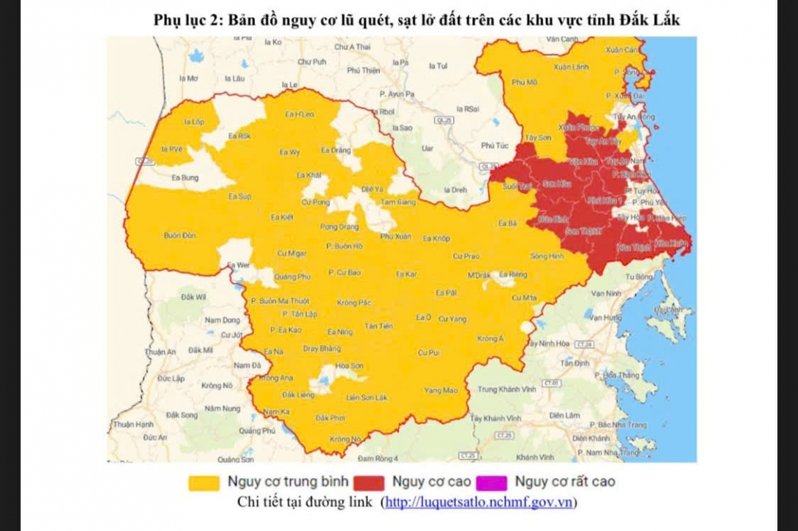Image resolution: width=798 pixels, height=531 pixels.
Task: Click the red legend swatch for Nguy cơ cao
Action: tap(369, 483)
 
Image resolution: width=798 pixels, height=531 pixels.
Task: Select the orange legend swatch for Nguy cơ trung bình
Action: tap(204, 483)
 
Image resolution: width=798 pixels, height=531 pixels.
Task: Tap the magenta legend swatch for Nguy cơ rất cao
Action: tap(492, 483)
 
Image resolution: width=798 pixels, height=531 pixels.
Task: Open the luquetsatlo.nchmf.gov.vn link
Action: tap(479, 503)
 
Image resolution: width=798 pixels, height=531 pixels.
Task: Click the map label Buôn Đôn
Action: tap(180, 236)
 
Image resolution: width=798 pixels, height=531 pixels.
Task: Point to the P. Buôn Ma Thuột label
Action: tap(280, 301)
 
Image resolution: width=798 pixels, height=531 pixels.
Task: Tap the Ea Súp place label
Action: tap(239, 196)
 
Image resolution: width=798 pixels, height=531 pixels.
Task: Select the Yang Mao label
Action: tap(440, 391)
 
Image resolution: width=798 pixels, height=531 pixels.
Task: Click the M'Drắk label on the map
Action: tap(479, 275)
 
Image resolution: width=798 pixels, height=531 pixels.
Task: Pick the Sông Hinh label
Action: tap(547, 256)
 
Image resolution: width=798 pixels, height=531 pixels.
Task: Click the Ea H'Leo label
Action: tap(299, 114)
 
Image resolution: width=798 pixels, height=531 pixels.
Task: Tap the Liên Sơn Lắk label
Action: tap(366, 397)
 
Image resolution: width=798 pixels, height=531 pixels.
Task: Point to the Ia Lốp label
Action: tap(194, 122)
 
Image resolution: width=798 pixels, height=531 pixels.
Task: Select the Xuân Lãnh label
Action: tap(571, 67)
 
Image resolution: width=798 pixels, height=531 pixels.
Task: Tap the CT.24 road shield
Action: tap(584, 344)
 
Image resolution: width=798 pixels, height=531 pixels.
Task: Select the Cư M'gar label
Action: tap(291, 253)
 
